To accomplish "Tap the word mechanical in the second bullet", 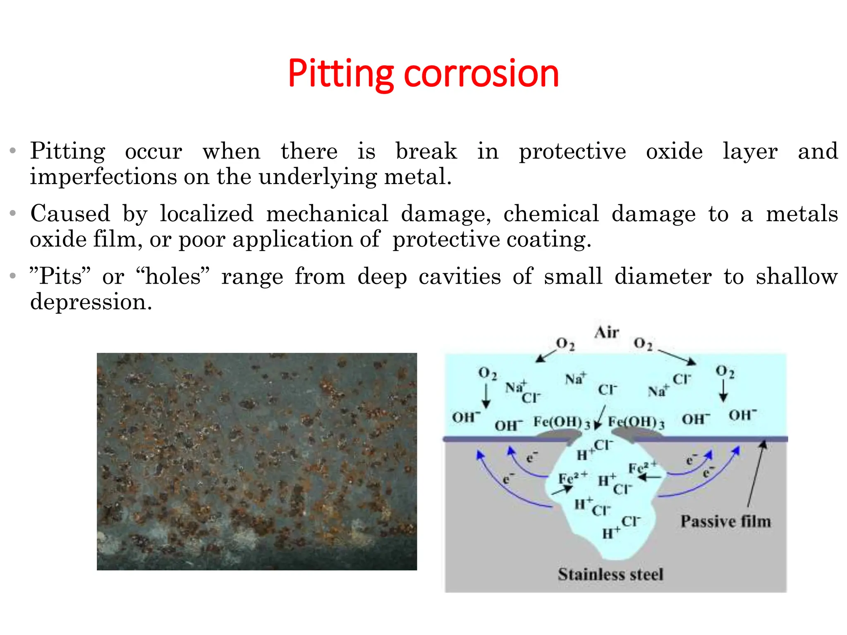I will (327, 214).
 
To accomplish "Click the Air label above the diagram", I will (607, 332).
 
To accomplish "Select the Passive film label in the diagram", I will (726, 521).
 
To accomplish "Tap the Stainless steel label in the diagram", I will (610, 574).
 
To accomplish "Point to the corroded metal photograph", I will (257, 461).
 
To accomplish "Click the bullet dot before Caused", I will (13, 213).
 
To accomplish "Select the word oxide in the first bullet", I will (674, 151).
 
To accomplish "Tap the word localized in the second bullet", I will (207, 214).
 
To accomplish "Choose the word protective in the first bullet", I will (572, 151).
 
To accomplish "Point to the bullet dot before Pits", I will (13, 276).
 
